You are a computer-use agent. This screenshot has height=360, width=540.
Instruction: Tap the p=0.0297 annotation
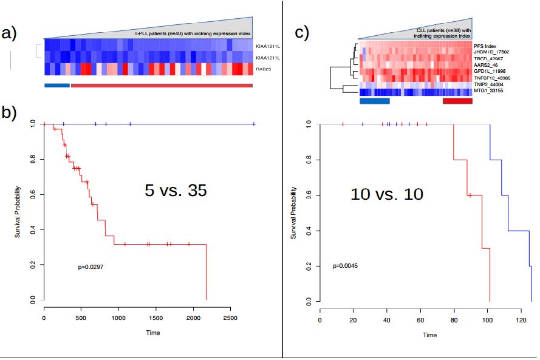(x=92, y=267)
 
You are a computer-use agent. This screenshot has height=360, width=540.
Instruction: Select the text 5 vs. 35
(x=176, y=191)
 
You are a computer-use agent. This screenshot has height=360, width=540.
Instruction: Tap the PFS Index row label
(x=487, y=46)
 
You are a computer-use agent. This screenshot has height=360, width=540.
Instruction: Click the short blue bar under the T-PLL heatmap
(x=57, y=85)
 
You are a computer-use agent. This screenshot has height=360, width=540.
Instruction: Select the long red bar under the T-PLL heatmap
(x=161, y=85)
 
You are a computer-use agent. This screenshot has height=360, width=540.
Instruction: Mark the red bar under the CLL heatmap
(x=457, y=101)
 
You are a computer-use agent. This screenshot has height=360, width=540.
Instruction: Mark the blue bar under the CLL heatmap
(x=375, y=101)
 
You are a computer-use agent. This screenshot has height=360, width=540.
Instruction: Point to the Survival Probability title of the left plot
(x=18, y=212)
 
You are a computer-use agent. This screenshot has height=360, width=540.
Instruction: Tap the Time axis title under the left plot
(x=152, y=333)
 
